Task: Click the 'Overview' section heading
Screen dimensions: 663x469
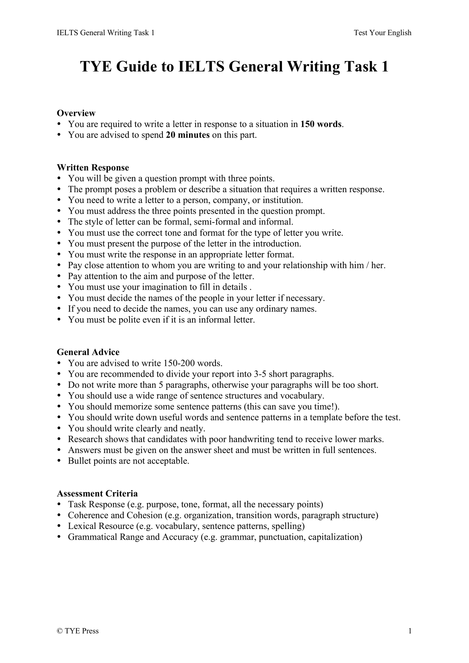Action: click(x=76, y=113)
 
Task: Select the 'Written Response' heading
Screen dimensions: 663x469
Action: click(x=93, y=167)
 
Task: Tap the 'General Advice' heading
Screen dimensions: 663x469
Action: click(x=88, y=352)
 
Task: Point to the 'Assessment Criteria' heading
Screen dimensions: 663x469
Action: click(x=97, y=493)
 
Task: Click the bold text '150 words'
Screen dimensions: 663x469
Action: click(x=321, y=124)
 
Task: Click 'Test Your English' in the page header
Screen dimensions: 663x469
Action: click(x=382, y=33)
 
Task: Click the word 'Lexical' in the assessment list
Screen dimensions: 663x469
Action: click(x=82, y=526)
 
